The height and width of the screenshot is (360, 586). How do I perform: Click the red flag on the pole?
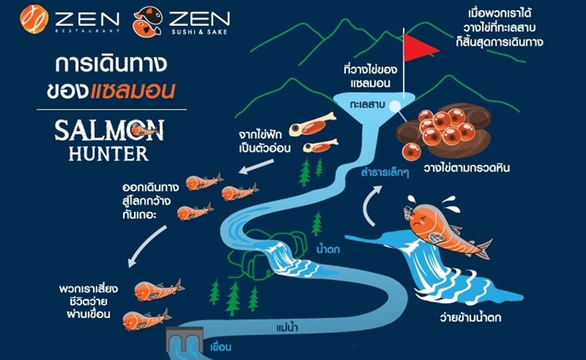point(419,48)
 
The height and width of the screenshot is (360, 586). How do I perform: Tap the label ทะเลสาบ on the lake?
point(368,105)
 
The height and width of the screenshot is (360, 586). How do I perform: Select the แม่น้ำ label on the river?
point(287,328)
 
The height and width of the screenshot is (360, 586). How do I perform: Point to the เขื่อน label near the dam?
point(220,347)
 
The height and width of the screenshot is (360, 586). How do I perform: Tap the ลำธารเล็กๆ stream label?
point(385,172)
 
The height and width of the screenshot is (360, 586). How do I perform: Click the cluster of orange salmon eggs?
point(445,126)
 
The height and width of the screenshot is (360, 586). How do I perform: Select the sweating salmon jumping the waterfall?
point(447,228)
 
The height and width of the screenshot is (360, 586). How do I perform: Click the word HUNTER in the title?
point(108,153)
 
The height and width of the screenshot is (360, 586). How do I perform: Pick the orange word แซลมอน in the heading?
point(132,90)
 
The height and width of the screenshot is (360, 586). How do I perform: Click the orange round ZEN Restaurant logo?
point(34,19)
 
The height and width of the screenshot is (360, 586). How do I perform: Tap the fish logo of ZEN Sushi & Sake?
point(147,22)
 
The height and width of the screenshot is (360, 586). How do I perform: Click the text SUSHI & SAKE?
point(199,32)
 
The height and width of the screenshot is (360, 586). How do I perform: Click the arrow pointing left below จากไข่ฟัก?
point(256,167)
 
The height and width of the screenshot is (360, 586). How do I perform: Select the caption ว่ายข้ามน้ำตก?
point(470,318)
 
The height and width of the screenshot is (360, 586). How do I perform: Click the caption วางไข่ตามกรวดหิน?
point(467,167)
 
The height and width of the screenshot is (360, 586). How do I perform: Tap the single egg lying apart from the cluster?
point(412,152)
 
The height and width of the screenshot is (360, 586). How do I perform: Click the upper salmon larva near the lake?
point(312,125)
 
